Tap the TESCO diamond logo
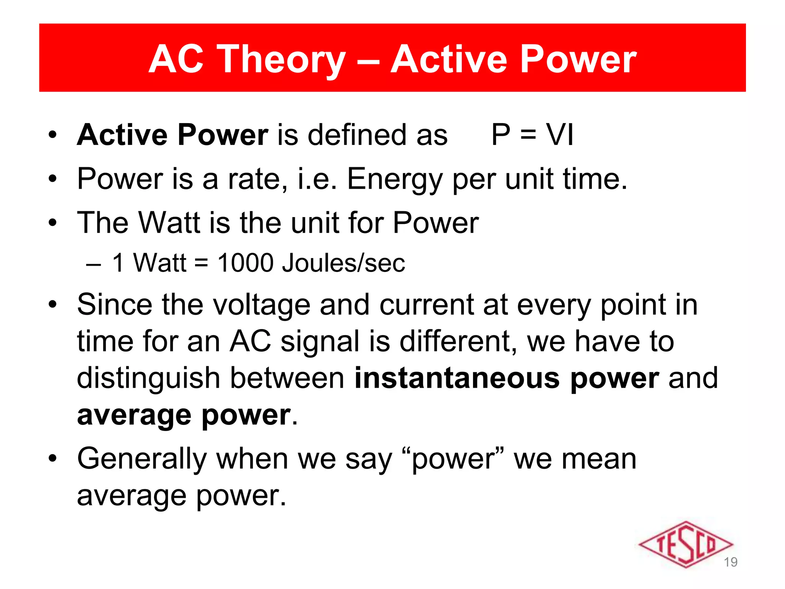point(685,545)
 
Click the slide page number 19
point(731,562)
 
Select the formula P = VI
point(532,135)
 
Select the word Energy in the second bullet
point(395,179)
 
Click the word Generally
point(142,459)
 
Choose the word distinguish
point(148,379)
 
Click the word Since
point(114,304)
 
